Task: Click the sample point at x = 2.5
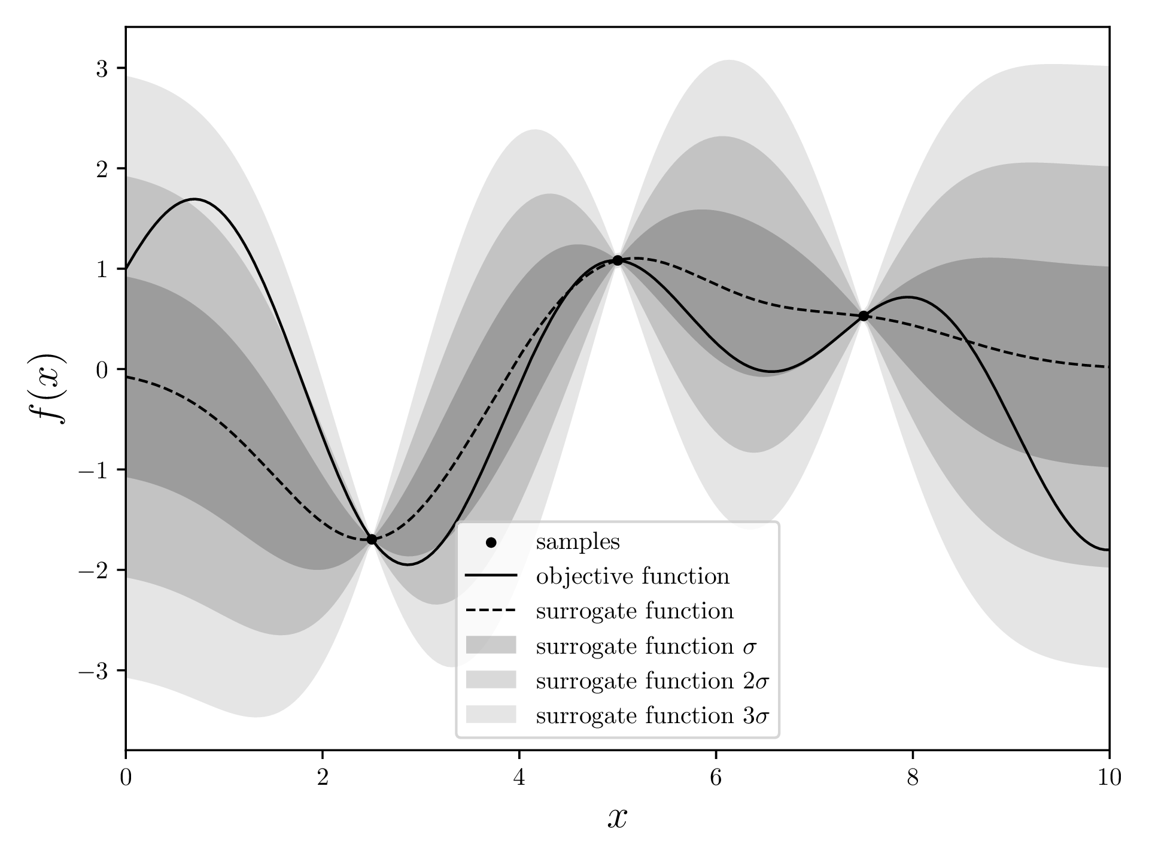point(372,539)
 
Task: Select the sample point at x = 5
point(618,260)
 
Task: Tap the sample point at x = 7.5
point(864,316)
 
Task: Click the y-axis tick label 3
point(102,69)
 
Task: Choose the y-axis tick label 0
point(102,370)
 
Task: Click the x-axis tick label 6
point(716,778)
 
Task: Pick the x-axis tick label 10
point(1109,778)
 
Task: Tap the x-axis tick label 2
point(323,778)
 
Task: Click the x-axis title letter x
point(618,818)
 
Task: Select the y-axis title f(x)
point(51,388)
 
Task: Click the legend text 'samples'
point(577,542)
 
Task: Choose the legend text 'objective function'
point(633,576)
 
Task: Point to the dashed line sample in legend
point(491,611)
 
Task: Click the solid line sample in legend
point(491,576)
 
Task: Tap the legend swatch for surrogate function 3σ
point(491,715)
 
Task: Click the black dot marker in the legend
point(491,543)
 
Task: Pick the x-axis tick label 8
point(913,778)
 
